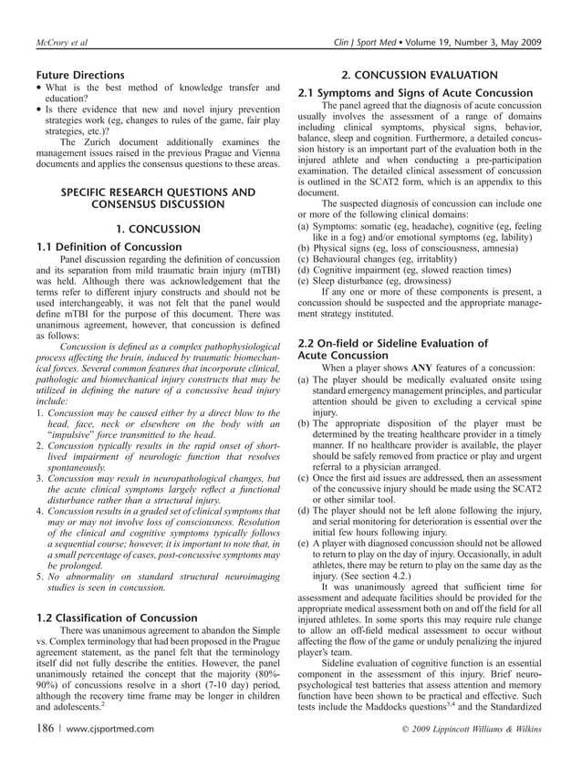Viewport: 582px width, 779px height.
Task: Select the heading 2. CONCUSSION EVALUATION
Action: (420, 75)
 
